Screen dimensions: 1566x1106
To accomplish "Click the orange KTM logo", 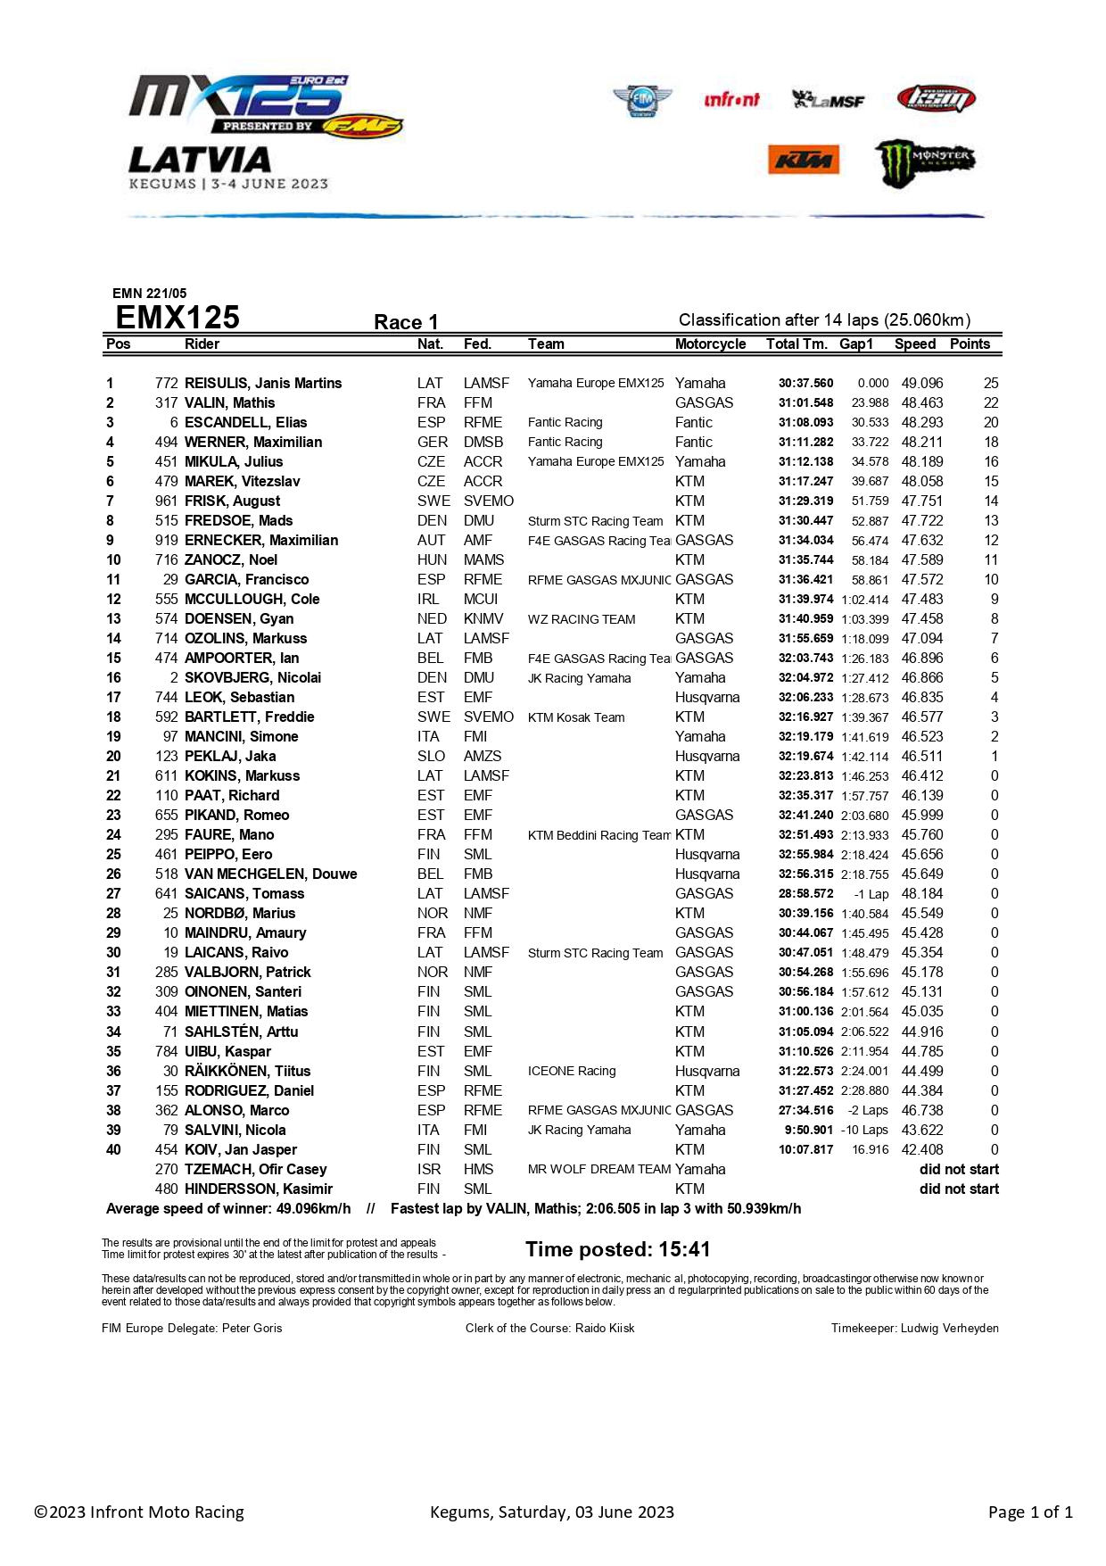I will pos(803,160).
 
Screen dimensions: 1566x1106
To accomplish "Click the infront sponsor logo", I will pos(731,99).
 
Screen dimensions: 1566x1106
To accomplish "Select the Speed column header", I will pos(914,344).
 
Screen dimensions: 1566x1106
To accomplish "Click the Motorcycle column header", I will pos(710,344).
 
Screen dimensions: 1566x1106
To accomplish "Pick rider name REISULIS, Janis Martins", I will pos(263,384).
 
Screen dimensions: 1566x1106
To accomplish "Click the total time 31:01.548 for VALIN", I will pos(805,403).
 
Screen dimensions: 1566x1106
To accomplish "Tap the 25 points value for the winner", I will pos(990,384).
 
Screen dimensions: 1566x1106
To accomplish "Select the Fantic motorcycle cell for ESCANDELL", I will pos(693,423).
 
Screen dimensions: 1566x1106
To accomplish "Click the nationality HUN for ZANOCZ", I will pos(432,560).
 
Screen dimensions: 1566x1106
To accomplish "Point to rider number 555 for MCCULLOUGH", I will pos(166,600).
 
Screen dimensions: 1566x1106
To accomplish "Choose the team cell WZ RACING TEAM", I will pos(582,619).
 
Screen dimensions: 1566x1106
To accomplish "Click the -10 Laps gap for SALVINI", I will pos(864,1131).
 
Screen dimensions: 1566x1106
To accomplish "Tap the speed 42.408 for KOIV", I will pos(921,1150).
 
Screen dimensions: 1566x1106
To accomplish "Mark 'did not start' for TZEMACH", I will pos(959,1170).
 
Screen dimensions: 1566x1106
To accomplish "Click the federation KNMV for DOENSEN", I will pos(483,619).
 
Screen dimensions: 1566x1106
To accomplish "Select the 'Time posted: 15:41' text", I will pos(617,1249).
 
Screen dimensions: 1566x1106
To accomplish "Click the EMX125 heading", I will pos(177,318).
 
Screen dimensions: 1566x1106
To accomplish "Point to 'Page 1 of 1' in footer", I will pos(1029,1512).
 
